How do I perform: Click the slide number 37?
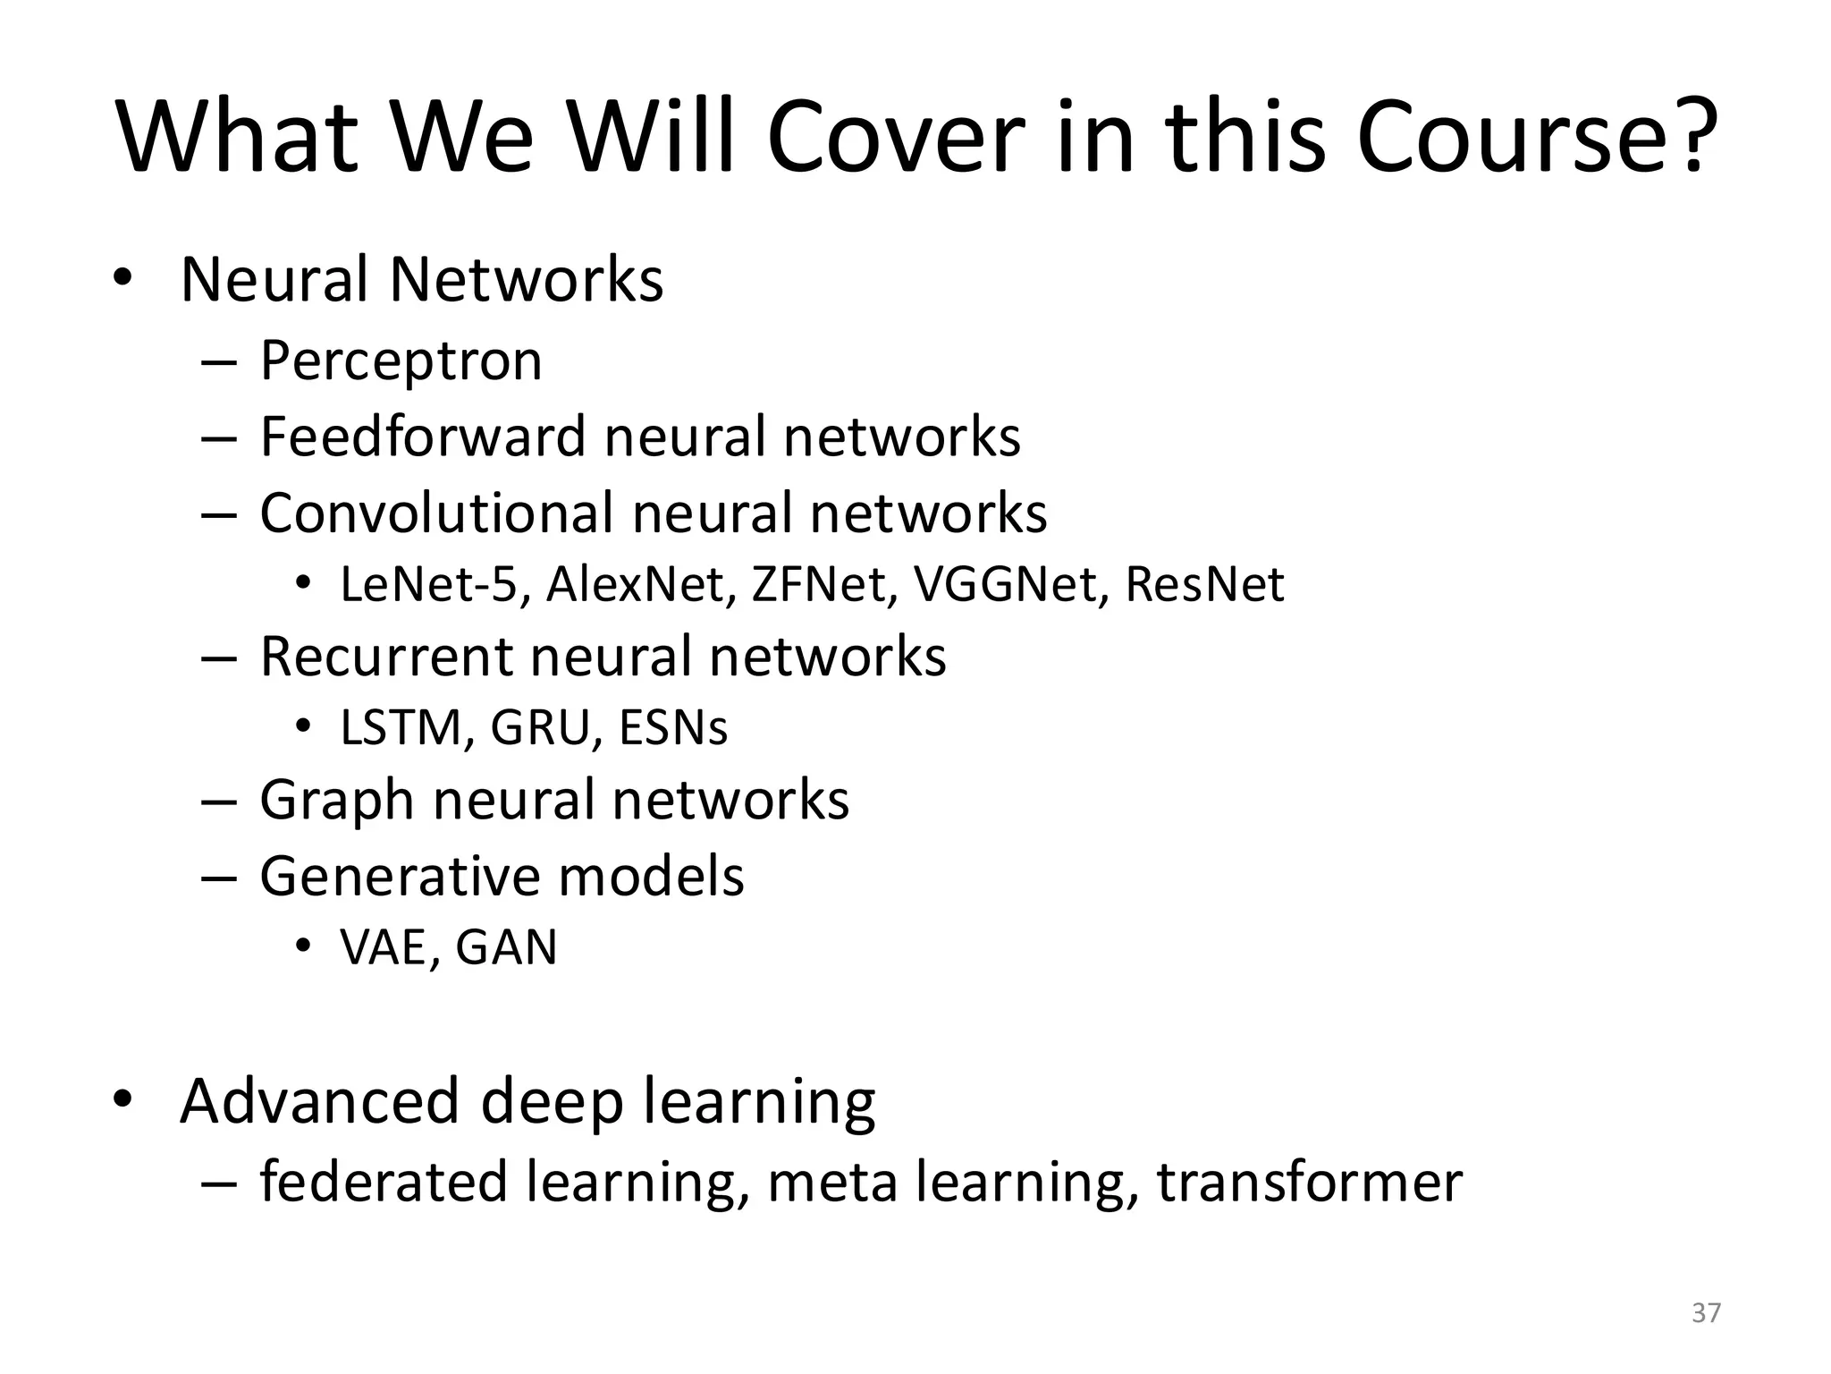pyautogui.click(x=1707, y=1312)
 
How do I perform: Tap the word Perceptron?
pyautogui.click(x=401, y=361)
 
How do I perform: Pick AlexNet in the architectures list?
pyautogui.click(x=641, y=585)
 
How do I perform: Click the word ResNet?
pyautogui.click(x=1204, y=585)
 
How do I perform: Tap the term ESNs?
pyautogui.click(x=673, y=728)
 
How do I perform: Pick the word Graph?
pyautogui.click(x=336, y=800)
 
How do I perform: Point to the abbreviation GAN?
pyautogui.click(x=506, y=947)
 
